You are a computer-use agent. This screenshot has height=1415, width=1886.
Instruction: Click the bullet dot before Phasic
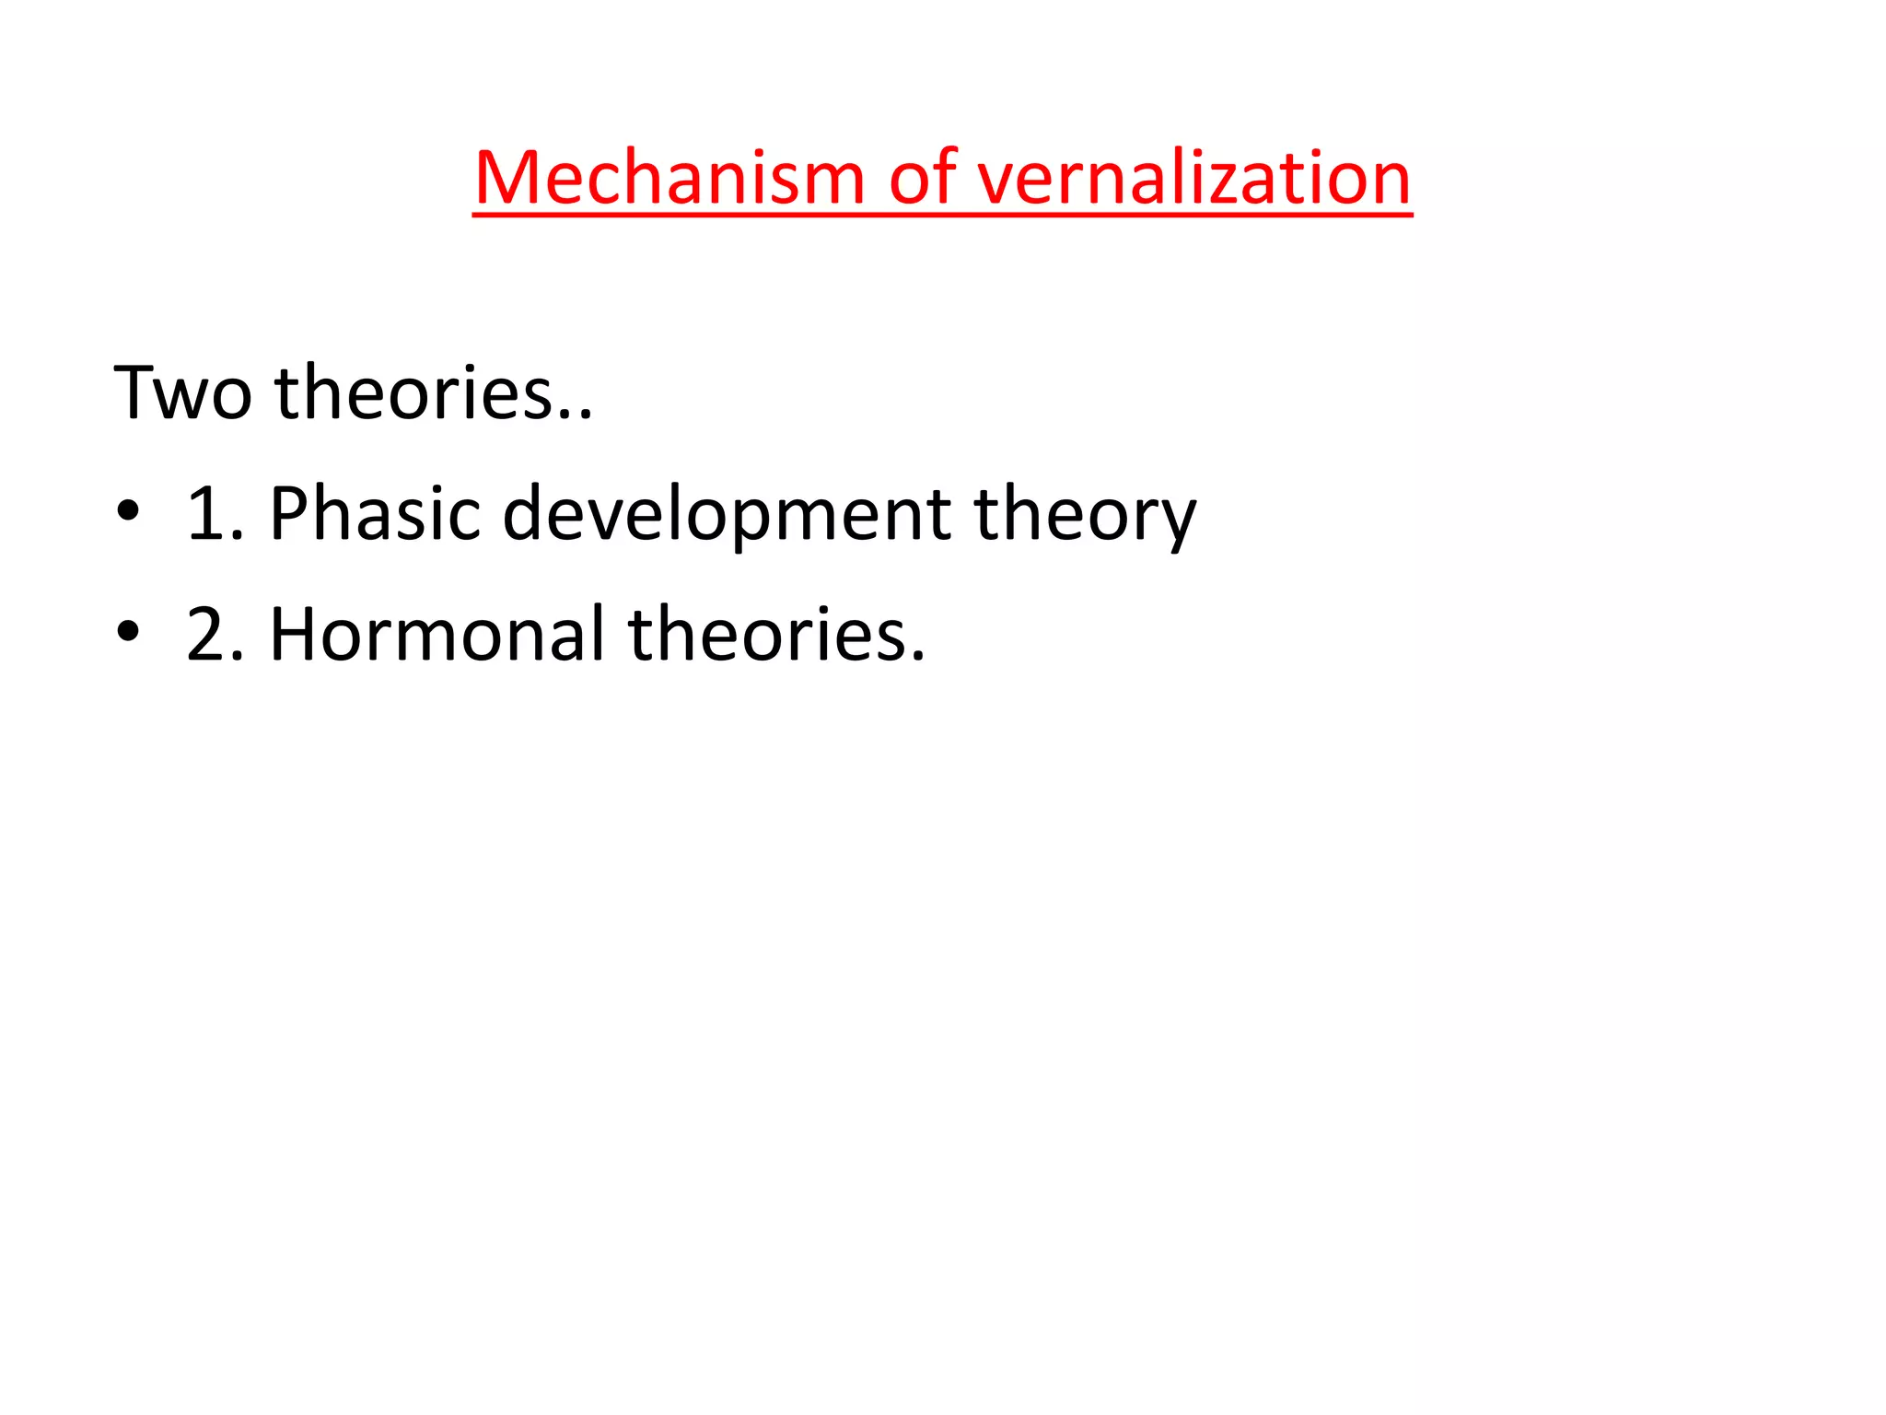click(x=128, y=511)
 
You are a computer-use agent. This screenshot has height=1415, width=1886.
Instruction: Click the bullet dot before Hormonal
click(x=128, y=632)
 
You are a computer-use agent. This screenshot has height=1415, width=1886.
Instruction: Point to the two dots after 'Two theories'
click(x=576, y=415)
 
